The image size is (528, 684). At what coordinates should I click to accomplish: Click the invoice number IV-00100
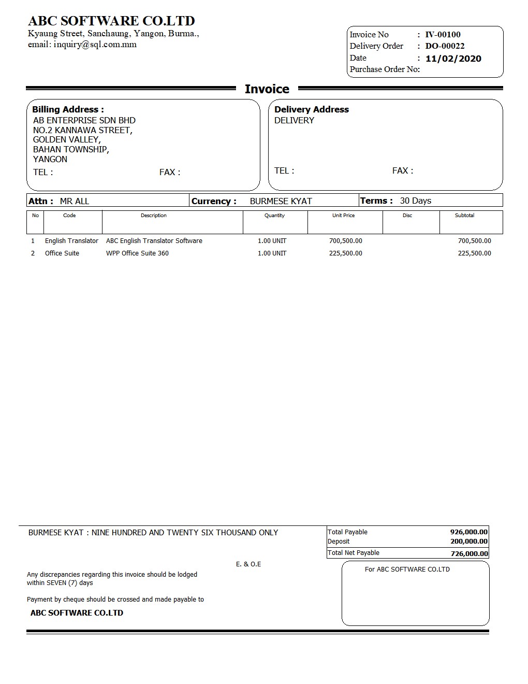point(443,35)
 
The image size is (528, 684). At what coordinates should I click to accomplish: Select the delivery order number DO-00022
point(445,46)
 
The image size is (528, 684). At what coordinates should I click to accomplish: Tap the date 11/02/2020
point(453,59)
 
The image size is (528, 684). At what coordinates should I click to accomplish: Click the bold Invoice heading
point(267,89)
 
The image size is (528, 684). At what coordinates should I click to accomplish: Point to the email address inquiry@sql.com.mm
point(95,45)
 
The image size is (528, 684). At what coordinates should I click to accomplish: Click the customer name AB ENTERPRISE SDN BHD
point(84,120)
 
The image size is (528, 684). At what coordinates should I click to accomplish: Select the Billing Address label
point(68,109)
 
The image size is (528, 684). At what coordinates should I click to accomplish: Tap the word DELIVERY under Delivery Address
point(294,120)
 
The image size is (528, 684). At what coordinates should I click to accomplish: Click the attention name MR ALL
point(75,201)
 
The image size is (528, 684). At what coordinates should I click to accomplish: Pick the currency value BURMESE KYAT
point(281,201)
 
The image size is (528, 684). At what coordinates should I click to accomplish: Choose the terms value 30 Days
point(415,201)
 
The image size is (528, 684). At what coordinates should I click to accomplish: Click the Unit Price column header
point(343,216)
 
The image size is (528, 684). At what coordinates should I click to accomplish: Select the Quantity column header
point(274,216)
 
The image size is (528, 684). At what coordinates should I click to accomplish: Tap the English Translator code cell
point(71,241)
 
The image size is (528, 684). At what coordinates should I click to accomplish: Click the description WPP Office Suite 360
point(137,253)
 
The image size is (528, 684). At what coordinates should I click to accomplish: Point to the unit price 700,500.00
point(345,241)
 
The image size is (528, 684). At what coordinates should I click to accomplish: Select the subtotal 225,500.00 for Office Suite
point(474,253)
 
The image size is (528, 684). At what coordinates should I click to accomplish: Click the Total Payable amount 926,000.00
point(468,532)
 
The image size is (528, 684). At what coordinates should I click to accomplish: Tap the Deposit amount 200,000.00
point(468,541)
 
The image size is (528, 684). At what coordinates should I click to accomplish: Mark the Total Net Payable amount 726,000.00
point(469,553)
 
